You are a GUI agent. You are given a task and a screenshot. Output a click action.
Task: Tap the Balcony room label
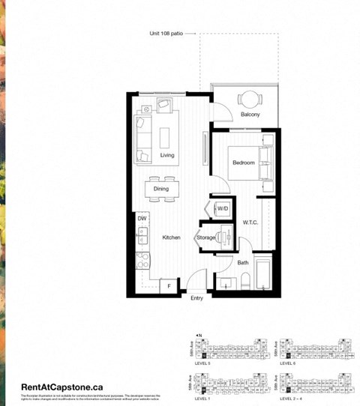(x=250, y=115)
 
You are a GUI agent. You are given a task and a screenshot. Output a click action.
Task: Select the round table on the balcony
(x=249, y=98)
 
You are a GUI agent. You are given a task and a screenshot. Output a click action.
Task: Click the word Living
(x=166, y=155)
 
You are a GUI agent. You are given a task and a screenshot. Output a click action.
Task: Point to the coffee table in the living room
(x=165, y=136)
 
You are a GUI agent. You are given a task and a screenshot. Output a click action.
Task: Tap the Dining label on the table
(x=161, y=190)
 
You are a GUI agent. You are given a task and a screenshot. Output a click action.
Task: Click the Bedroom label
(x=243, y=163)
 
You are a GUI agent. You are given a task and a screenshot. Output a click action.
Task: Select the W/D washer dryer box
(x=223, y=207)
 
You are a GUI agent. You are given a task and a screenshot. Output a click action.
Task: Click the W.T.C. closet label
(x=250, y=223)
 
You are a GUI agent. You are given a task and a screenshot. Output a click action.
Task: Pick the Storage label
(x=206, y=237)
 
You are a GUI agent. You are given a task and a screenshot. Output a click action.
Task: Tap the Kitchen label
(x=171, y=237)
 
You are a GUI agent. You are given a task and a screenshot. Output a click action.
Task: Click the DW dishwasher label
(x=142, y=218)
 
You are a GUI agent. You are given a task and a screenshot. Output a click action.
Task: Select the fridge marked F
(x=169, y=286)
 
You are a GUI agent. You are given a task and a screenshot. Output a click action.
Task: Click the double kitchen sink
(x=142, y=237)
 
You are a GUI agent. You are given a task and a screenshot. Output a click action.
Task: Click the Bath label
(x=243, y=262)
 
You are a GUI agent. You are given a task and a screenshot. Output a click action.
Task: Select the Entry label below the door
(x=196, y=299)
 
